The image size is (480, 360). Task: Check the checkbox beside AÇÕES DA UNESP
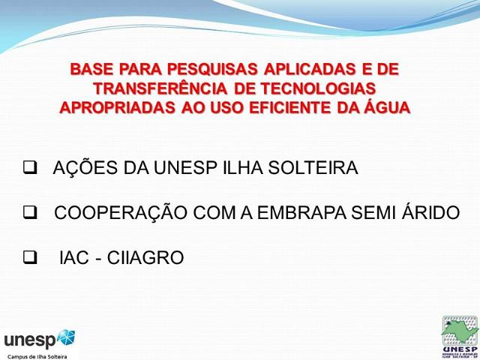point(31,168)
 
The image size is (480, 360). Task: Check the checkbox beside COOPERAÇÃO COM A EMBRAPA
point(31,213)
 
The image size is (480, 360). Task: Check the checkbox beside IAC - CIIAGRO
point(31,258)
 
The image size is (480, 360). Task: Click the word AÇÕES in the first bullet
point(78,168)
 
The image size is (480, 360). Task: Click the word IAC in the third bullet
point(75,258)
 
